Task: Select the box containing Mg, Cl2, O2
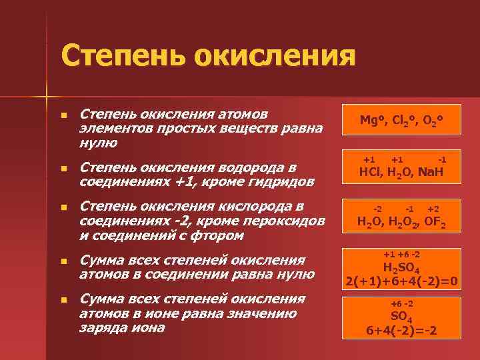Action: [401, 120]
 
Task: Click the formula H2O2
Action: [401, 223]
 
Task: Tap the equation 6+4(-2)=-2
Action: [401, 331]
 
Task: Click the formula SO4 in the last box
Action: [401, 317]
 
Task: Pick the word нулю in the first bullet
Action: [98, 143]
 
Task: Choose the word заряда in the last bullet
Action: [101, 328]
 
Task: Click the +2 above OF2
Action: [433, 209]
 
